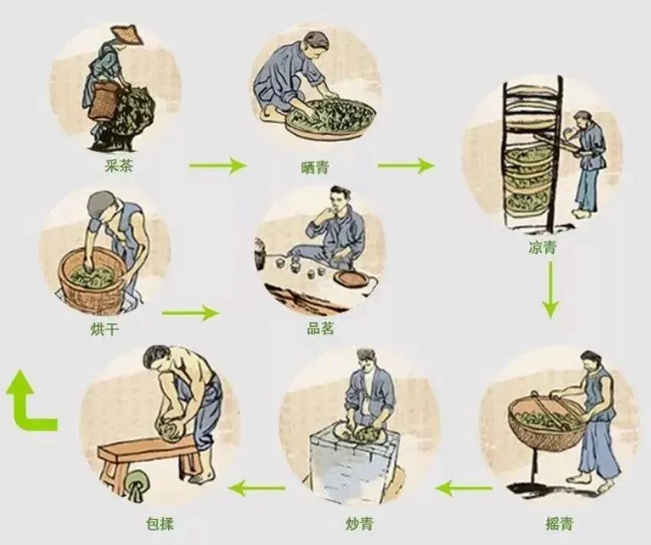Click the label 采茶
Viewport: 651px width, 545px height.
coord(119,167)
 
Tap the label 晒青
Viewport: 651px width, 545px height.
coord(315,167)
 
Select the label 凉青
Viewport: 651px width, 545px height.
coord(542,248)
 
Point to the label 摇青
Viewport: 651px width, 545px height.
coord(559,524)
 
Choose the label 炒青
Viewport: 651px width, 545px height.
coord(359,524)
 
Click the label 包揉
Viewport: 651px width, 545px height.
coord(160,524)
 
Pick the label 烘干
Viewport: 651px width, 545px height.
coord(104,329)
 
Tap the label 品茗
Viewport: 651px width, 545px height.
coord(320,329)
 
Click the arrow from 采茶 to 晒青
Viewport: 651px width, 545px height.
coord(218,166)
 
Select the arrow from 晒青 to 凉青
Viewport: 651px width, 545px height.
coord(406,166)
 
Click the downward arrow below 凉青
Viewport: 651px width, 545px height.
coord(550,289)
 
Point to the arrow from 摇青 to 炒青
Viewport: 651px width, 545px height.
coord(464,488)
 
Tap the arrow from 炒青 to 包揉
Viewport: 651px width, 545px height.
coord(256,488)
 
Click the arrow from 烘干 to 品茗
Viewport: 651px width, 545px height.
coord(190,312)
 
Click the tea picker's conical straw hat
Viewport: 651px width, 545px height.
coord(127,35)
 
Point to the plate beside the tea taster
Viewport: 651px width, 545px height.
coord(352,279)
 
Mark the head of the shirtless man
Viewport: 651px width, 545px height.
coord(157,358)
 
